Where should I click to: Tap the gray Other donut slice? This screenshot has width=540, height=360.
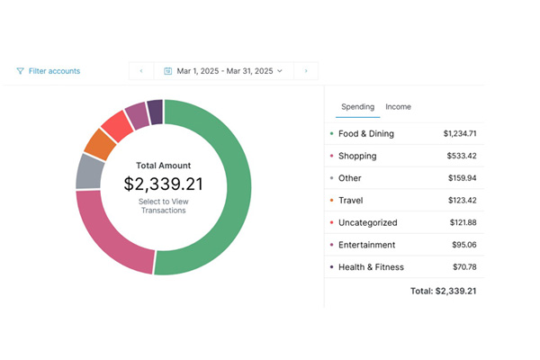[x=89, y=171]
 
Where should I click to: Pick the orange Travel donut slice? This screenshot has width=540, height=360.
[x=99, y=142]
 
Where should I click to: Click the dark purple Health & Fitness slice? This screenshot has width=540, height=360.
[x=155, y=112]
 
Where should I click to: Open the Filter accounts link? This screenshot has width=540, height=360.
[x=49, y=71]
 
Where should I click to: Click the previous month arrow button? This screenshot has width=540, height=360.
[x=141, y=70]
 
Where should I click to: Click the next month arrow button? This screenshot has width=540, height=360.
[x=305, y=70]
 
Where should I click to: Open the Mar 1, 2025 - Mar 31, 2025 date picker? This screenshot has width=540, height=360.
[x=223, y=70]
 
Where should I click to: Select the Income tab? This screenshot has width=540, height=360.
[x=398, y=107]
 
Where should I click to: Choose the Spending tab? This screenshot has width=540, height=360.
[x=357, y=107]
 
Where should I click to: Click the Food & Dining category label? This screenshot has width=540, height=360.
[x=365, y=134]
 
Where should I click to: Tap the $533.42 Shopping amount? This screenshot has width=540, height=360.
[x=460, y=156]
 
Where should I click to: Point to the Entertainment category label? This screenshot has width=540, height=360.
[x=366, y=245]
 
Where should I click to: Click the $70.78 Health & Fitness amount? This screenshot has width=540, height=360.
[x=463, y=267]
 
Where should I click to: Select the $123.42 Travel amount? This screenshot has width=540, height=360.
[x=462, y=201]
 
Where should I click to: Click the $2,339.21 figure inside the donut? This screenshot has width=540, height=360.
[x=163, y=184]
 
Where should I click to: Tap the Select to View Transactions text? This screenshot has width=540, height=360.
[x=163, y=206]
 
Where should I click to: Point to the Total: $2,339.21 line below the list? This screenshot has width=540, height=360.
[x=442, y=292]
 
